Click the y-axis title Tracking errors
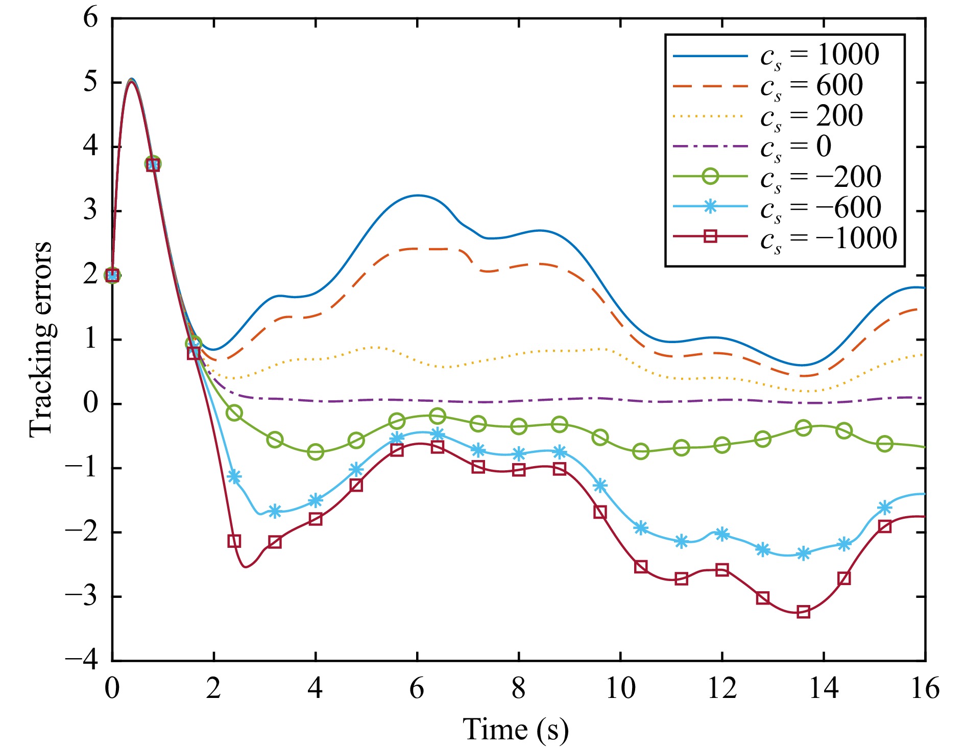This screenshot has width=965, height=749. pyautogui.click(x=41, y=340)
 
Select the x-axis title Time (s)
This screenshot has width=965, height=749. pyautogui.click(x=516, y=729)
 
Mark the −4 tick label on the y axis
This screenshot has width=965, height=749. pyautogui.click(x=82, y=661)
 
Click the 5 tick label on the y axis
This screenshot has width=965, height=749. pyautogui.click(x=90, y=82)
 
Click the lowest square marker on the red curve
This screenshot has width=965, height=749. pyautogui.click(x=803, y=612)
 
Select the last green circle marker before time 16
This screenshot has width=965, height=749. pyautogui.click(x=884, y=444)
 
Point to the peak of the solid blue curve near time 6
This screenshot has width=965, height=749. pyautogui.click(x=418, y=195)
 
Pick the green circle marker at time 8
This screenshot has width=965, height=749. pyautogui.click(x=519, y=426)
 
